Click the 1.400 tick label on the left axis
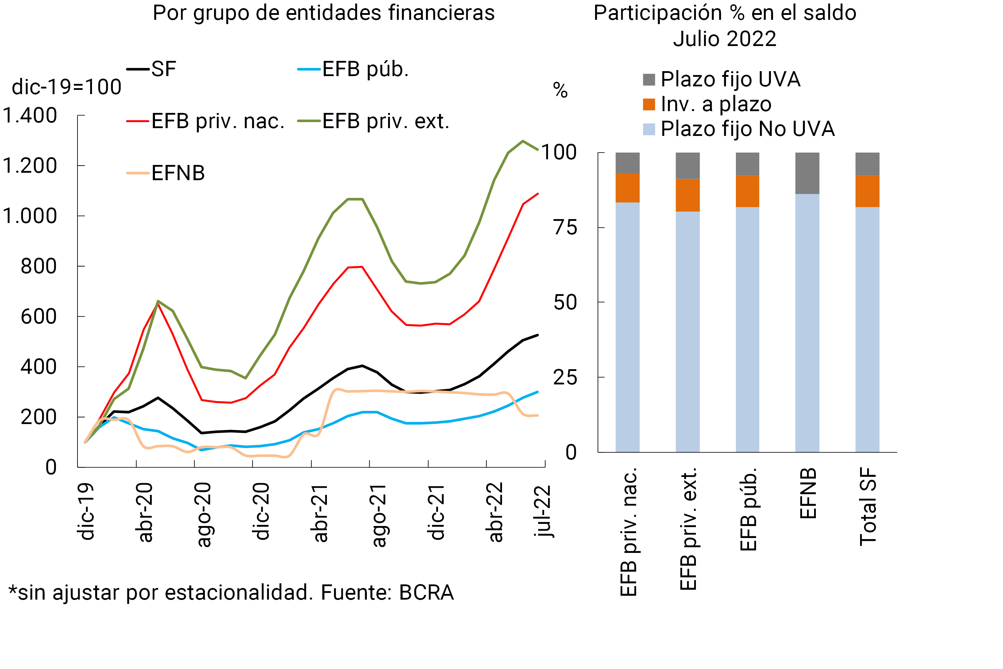30,116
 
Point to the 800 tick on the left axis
38,266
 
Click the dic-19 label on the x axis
87,511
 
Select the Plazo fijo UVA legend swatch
649,80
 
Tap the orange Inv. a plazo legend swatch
649,104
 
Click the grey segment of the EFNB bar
807,173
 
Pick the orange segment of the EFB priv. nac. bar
627,188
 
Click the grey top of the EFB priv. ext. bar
687,166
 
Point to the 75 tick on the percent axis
565,228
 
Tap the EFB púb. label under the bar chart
748,509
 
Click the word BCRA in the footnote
426,593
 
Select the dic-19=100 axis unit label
67,87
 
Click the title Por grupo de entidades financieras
324,13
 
